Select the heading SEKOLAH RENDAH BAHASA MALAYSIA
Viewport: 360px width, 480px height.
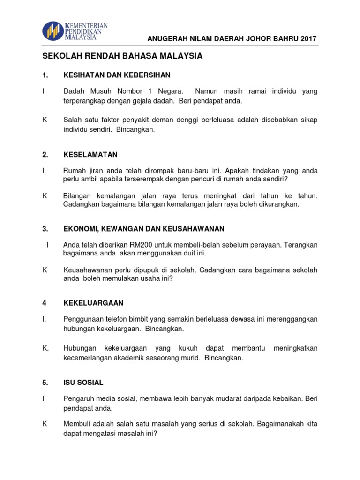point(122,56)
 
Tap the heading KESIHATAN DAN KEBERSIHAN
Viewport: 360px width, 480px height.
point(117,75)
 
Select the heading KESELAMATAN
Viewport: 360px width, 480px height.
point(90,155)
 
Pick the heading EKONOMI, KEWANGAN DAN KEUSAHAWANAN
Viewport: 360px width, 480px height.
point(144,229)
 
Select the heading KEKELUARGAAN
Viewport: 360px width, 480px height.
point(93,303)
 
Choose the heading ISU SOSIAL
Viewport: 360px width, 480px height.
point(83,382)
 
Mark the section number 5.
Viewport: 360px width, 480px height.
point(45,382)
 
